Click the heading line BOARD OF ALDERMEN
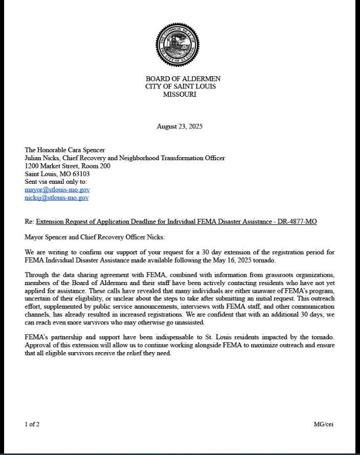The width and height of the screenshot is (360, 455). [183, 79]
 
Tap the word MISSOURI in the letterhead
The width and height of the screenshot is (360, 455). [179, 94]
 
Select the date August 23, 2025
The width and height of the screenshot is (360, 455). [179, 126]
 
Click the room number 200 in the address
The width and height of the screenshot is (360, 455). [104, 166]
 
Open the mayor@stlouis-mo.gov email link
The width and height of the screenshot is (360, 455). [57, 190]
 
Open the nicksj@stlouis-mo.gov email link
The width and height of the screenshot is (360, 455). [56, 198]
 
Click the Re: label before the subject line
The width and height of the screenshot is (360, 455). [29, 221]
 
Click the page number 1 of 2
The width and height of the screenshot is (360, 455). [32, 424]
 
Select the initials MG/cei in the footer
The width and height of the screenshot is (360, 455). [323, 424]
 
